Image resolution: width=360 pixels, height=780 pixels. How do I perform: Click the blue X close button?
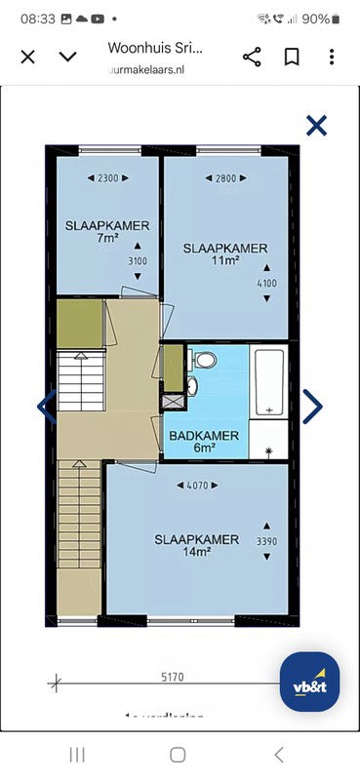[x=316, y=125]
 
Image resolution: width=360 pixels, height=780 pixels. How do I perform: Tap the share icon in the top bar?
[x=252, y=56]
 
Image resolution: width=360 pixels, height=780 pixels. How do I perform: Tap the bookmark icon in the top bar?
[x=291, y=56]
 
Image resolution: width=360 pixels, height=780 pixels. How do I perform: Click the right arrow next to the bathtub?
[x=312, y=407]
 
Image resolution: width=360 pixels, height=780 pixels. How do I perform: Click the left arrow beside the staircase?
[x=46, y=407]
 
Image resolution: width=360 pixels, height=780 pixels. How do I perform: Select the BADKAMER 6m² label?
[x=204, y=442]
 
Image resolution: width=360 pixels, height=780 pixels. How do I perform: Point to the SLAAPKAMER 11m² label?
[x=225, y=254]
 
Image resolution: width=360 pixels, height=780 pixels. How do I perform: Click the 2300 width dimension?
[x=107, y=178]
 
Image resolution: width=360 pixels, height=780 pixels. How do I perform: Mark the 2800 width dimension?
[x=225, y=178]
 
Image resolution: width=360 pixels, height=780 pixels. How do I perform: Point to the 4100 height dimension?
[x=266, y=284]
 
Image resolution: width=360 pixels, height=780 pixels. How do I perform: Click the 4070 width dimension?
[x=197, y=485]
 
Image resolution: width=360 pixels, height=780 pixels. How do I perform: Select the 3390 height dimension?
[x=266, y=542]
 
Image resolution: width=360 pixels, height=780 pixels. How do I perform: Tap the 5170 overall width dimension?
[x=172, y=677]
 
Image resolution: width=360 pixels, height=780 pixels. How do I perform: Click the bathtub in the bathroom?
[x=268, y=381]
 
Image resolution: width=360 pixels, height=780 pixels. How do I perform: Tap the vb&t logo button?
[x=309, y=682]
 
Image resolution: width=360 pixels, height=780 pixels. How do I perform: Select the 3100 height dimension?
[x=138, y=261]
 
